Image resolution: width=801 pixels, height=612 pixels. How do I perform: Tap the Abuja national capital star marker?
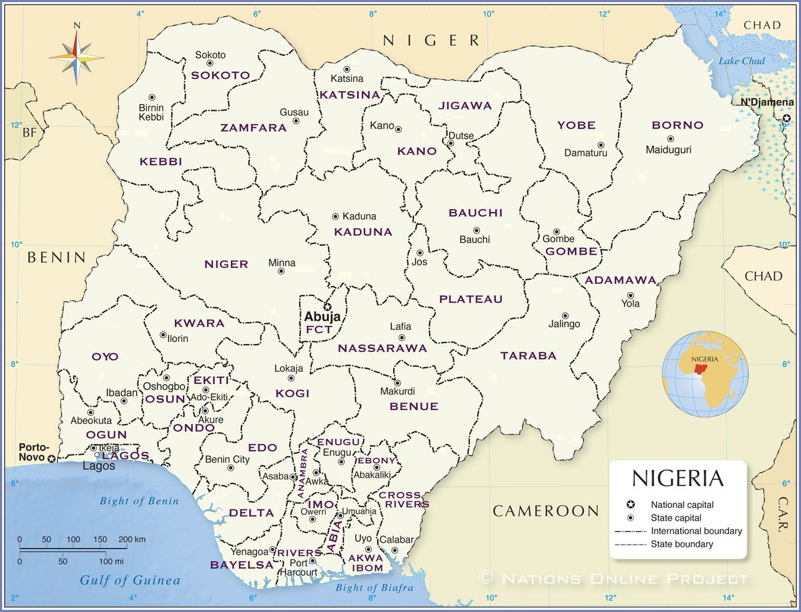coord(327,306)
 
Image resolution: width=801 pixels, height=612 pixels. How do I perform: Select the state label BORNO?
coord(678,125)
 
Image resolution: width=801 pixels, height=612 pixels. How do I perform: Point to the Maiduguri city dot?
coord(670,139)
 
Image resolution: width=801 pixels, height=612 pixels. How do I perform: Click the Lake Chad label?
coord(741,61)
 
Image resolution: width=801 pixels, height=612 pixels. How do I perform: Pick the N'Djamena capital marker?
coord(786,117)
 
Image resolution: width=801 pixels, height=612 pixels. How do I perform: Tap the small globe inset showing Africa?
coord(705,374)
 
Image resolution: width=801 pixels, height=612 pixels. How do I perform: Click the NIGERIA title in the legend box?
coord(678,478)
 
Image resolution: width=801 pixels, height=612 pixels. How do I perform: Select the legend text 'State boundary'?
coord(682,544)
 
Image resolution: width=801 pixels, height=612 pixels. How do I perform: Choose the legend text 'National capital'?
coord(682,505)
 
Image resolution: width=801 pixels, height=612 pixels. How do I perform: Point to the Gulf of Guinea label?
coord(130,580)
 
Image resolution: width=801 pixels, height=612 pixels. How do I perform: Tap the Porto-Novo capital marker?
coord(51,458)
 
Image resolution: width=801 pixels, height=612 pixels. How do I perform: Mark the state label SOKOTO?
coord(220,75)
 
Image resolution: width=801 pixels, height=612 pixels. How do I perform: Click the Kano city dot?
coord(398,129)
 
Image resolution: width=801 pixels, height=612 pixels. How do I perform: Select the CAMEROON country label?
coord(546,511)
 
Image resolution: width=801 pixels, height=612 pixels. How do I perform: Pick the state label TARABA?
coord(528,355)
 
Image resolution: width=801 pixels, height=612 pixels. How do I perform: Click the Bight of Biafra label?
coord(374,587)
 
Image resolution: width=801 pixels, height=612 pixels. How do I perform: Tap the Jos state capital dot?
coord(419,253)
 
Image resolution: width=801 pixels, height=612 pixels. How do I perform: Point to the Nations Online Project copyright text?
coord(614,577)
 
